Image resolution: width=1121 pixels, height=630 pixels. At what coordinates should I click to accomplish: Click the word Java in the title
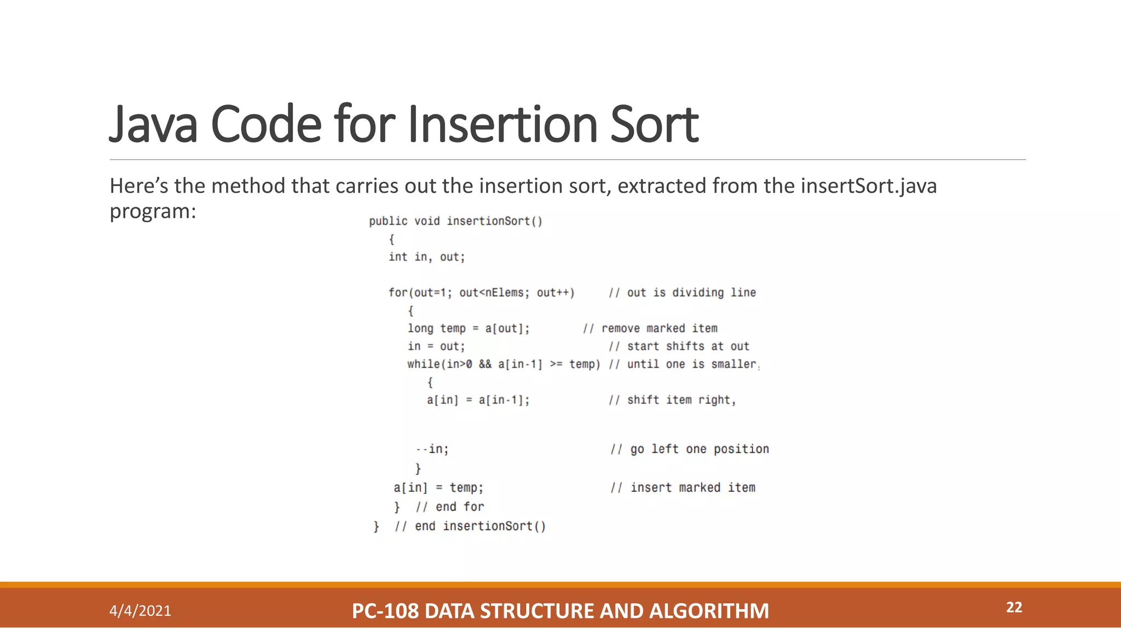(153, 125)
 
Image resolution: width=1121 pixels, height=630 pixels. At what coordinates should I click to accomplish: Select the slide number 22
(1014, 607)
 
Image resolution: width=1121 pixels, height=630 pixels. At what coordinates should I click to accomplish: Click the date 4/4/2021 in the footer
(140, 610)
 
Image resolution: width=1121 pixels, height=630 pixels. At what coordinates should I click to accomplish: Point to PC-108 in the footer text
(385, 611)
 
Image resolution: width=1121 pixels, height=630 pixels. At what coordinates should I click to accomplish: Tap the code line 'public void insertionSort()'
(455, 221)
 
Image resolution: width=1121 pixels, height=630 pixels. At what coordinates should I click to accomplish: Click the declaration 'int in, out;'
(426, 257)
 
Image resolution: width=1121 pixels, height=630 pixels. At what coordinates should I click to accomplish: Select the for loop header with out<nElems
(481, 293)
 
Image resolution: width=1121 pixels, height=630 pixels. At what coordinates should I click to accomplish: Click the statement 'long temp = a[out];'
(469, 328)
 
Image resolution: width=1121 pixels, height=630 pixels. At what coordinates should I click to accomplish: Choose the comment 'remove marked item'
(658, 328)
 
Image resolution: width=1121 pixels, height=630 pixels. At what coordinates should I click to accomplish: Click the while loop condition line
(504, 364)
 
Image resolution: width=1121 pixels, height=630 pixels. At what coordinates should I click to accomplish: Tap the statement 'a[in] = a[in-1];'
(478, 400)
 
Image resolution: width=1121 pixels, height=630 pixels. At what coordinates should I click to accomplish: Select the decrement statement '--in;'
(432, 449)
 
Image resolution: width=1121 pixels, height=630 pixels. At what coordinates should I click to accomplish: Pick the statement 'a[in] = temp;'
(438, 487)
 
